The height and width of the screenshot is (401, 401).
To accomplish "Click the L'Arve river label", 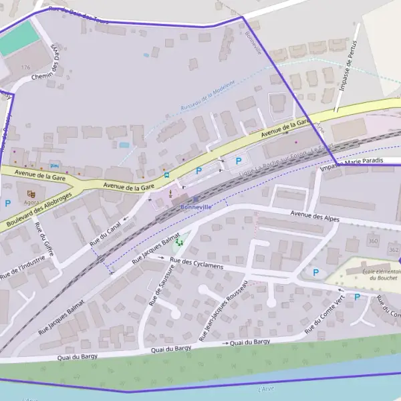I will (x=266, y=388).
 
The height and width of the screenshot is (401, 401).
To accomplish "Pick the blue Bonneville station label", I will (x=196, y=207).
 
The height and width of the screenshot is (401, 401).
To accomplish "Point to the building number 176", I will (x=26, y=68).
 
